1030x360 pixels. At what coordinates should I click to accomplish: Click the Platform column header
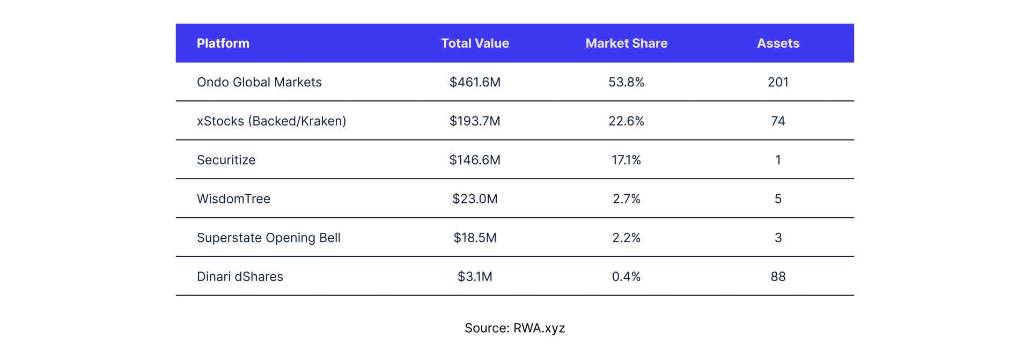pyautogui.click(x=223, y=43)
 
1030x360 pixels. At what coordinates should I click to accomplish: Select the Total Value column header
pyautogui.click(x=475, y=43)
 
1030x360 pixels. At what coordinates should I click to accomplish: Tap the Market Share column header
pyautogui.click(x=626, y=43)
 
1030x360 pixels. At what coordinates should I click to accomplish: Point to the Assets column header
pyautogui.click(x=778, y=43)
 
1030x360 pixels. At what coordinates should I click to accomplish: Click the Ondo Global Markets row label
pyautogui.click(x=259, y=82)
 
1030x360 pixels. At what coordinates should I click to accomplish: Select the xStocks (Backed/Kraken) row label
pyautogui.click(x=271, y=121)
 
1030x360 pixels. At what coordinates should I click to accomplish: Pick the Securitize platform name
pyautogui.click(x=226, y=160)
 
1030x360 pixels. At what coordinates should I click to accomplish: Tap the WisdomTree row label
pyautogui.click(x=233, y=199)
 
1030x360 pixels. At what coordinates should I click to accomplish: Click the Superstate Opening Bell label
pyautogui.click(x=268, y=238)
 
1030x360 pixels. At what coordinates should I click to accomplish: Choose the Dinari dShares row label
pyautogui.click(x=240, y=277)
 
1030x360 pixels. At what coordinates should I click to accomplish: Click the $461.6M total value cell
pyautogui.click(x=475, y=82)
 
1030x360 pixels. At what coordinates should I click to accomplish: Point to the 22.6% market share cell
pyautogui.click(x=626, y=121)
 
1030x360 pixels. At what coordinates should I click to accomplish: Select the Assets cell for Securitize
pyautogui.click(x=778, y=160)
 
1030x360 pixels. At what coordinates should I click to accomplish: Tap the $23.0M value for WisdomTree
pyautogui.click(x=475, y=199)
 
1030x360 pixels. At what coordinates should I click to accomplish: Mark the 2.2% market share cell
pyautogui.click(x=626, y=238)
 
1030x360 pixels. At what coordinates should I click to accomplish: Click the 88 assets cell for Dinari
pyautogui.click(x=778, y=277)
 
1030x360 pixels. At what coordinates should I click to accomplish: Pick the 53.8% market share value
pyautogui.click(x=626, y=82)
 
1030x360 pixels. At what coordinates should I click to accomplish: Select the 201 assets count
pyautogui.click(x=778, y=82)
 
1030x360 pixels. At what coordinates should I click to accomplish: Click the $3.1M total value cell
pyautogui.click(x=475, y=277)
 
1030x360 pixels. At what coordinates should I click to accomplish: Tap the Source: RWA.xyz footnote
pyautogui.click(x=514, y=328)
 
